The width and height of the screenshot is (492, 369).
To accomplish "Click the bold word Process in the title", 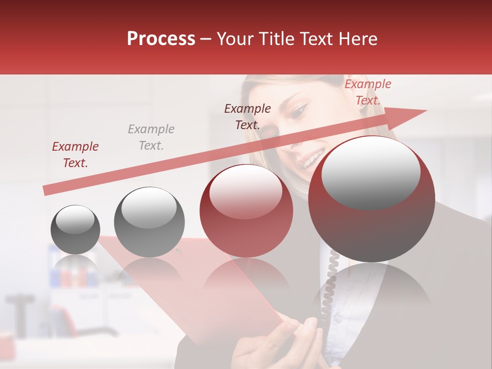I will tap(161, 39).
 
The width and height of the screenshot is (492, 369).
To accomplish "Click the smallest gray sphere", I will tap(75, 229).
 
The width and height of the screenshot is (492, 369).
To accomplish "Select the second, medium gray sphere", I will tap(149, 222).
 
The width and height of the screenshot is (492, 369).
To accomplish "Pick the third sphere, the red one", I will tap(246, 211).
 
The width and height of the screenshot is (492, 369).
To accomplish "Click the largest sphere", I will tap(372, 199).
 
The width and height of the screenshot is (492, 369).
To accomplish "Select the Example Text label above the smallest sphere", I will tap(75, 155).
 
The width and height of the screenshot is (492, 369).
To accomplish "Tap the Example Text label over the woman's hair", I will tap(248, 116).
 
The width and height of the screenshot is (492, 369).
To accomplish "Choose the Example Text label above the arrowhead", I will tap(368, 92).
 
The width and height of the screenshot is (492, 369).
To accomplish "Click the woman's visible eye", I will tap(300, 109).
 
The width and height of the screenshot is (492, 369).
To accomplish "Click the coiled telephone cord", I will tap(330, 287).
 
